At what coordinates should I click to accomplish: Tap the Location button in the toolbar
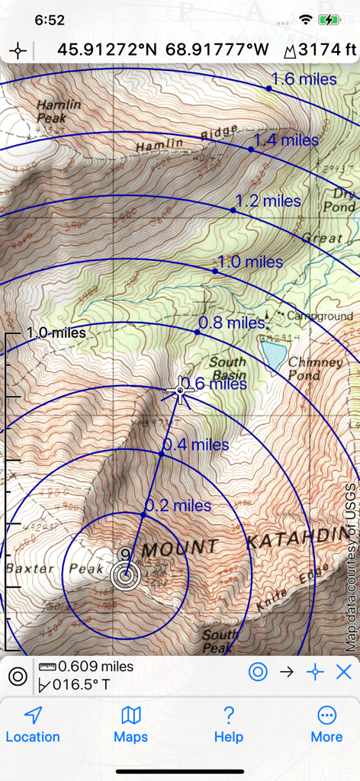coord(32,724)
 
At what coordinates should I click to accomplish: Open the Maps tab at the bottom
coord(130,724)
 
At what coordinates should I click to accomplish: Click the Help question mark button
coord(228,724)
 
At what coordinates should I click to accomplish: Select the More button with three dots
coord(326,724)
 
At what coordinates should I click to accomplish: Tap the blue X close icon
coord(344,672)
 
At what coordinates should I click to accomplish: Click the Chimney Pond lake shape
coord(273,352)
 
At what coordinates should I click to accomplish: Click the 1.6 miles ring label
coord(304,79)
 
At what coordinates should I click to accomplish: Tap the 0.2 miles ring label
coord(178,505)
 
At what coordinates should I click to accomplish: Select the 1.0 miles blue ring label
coord(250,262)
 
